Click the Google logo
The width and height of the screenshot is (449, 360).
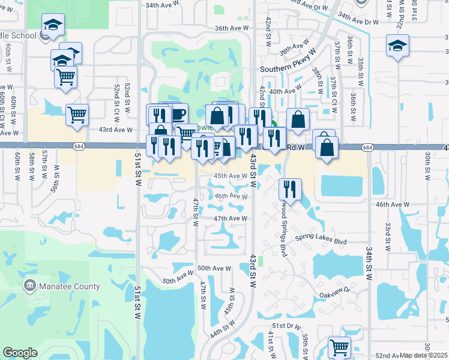click(x=20, y=353)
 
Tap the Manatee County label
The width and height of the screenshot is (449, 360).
click(x=70, y=286)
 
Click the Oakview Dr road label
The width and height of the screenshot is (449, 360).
click(x=334, y=295)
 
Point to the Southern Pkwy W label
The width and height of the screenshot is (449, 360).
click(x=285, y=69)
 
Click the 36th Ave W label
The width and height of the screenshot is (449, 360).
click(x=232, y=28)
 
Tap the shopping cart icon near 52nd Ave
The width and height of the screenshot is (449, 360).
click(x=339, y=346)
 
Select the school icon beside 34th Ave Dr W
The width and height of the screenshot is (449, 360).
click(x=397, y=46)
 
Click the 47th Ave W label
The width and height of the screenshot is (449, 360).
click(x=231, y=219)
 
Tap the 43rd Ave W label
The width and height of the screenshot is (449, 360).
click(x=115, y=130)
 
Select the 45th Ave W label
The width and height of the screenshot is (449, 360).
click(x=231, y=176)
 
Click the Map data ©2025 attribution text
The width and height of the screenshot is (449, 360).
click(x=424, y=355)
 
